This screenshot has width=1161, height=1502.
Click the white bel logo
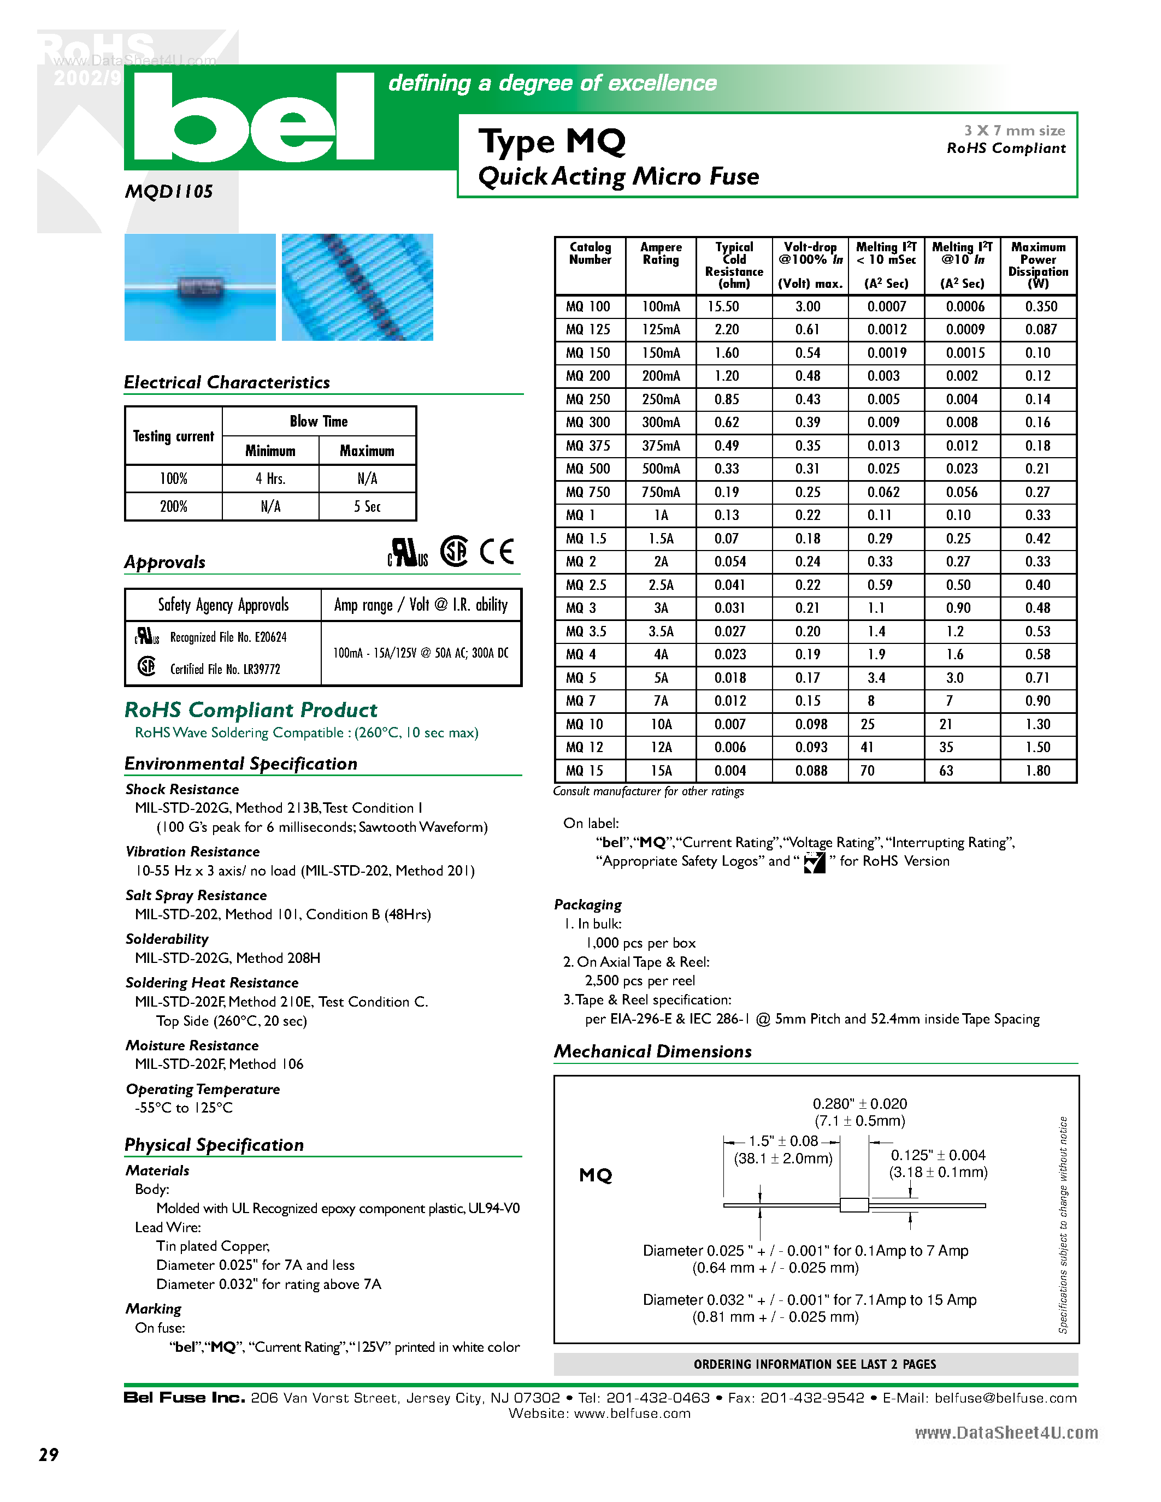point(253,117)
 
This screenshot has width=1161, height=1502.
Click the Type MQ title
point(552,141)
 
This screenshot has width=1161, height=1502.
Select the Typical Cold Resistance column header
point(734,265)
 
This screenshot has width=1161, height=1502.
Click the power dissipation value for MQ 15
point(1037,771)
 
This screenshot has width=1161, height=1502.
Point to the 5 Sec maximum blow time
point(367,507)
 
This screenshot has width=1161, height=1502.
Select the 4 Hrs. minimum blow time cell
point(270,478)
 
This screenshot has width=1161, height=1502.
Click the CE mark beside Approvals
point(497,552)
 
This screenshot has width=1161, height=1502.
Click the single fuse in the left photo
point(200,287)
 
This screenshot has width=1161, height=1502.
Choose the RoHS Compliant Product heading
point(251,709)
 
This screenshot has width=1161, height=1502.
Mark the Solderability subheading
point(167,939)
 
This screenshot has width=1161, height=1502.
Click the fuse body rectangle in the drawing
point(854,1205)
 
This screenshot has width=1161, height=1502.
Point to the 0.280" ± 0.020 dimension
point(860,1104)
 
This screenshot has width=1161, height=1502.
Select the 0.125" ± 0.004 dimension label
point(938,1155)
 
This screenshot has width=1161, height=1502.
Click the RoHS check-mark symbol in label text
point(815,862)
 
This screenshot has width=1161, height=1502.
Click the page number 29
point(49,1454)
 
